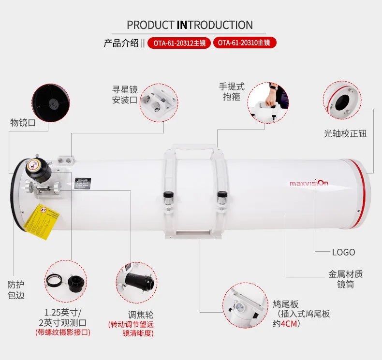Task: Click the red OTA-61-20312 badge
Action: [179, 43]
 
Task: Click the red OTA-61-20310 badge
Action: [244, 43]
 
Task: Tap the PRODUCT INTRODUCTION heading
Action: [190, 25]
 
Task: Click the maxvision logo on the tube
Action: [309, 183]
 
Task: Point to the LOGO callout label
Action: [343, 252]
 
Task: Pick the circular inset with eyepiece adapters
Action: [67, 280]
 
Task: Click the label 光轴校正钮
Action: [345, 134]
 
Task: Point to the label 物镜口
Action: [23, 123]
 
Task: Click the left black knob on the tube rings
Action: [169, 198]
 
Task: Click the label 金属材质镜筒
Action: [345, 279]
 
